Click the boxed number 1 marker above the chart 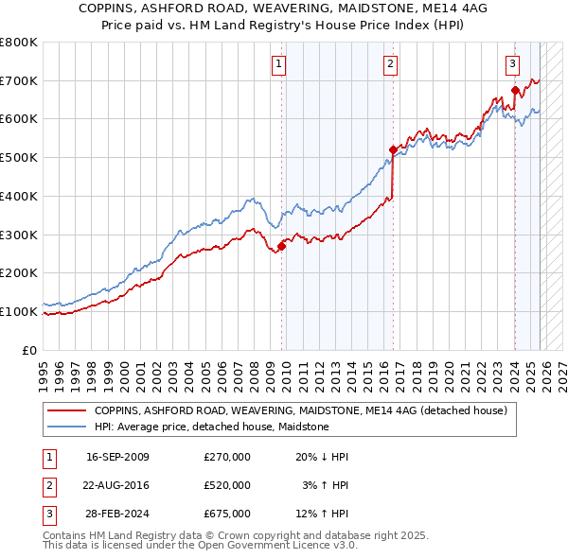point(279,64)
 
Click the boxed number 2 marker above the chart point(390,64)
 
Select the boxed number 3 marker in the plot point(512,64)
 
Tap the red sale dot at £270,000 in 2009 point(281,246)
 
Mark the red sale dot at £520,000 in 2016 point(393,149)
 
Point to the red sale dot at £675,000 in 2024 point(515,91)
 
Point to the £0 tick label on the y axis point(30,350)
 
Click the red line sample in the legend point(67,410)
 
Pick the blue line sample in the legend point(67,427)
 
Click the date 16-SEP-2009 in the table point(117,457)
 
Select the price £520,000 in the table point(226,485)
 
